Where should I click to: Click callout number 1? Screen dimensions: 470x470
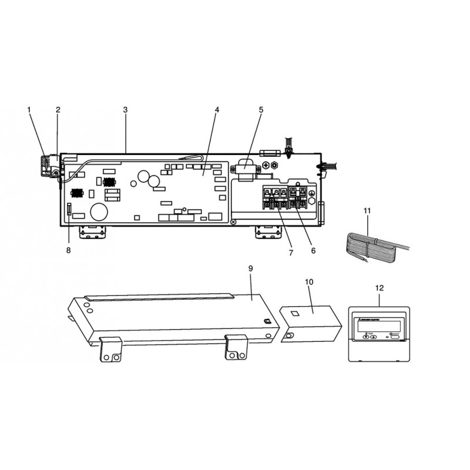[29, 110]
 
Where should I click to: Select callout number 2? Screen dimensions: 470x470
[58, 110]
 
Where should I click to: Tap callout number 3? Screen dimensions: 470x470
[125, 110]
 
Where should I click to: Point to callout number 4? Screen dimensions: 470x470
[217, 110]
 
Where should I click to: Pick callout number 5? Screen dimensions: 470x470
[261, 110]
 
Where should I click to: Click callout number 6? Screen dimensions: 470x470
[313, 250]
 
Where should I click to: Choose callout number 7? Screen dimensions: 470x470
[291, 253]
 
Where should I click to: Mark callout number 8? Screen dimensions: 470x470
[68, 250]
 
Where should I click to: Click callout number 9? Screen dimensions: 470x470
[250, 268]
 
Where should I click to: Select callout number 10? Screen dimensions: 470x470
[309, 282]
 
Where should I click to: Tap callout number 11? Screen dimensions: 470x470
[368, 210]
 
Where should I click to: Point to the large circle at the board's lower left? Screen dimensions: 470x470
[98, 212]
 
